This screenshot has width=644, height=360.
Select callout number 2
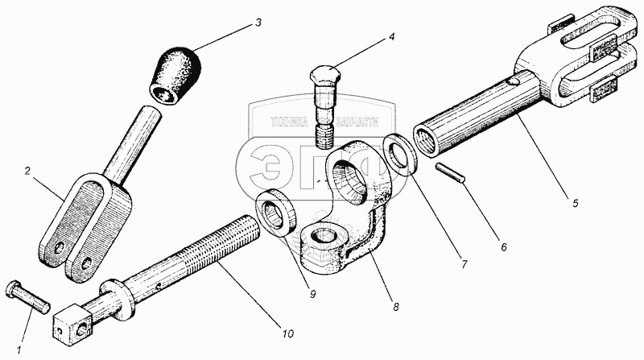tap(27, 172)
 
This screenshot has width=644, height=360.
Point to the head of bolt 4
tap(328, 78)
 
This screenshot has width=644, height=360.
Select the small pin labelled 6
tap(448, 174)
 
